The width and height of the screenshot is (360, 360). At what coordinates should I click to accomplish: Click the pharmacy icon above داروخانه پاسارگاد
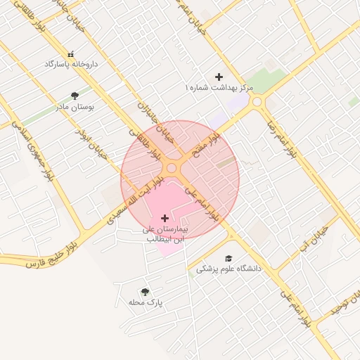pos(70,53)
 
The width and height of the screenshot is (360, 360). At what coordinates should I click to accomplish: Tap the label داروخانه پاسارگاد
pos(71,64)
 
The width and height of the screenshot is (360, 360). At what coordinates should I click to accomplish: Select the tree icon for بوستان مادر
pos(75,96)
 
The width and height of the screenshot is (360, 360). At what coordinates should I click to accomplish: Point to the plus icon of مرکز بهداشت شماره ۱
pos(219,76)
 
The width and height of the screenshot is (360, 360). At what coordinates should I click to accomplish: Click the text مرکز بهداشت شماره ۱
pos(218,87)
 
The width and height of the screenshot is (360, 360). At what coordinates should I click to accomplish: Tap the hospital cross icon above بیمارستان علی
pos(165,218)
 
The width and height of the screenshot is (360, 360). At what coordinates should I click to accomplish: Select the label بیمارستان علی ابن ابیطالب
pos(165,234)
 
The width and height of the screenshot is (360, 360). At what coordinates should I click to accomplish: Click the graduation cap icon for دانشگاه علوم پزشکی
pos(228,258)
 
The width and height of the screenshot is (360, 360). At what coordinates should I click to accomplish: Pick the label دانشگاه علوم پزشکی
pos(228,269)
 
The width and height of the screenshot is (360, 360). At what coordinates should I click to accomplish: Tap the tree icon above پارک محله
pos(145,291)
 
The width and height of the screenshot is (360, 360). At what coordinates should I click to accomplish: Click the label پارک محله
pos(146,302)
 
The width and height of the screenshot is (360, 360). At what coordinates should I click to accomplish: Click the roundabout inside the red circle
pos(172,167)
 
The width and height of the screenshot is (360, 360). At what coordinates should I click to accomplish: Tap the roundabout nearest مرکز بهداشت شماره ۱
pos(257,102)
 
